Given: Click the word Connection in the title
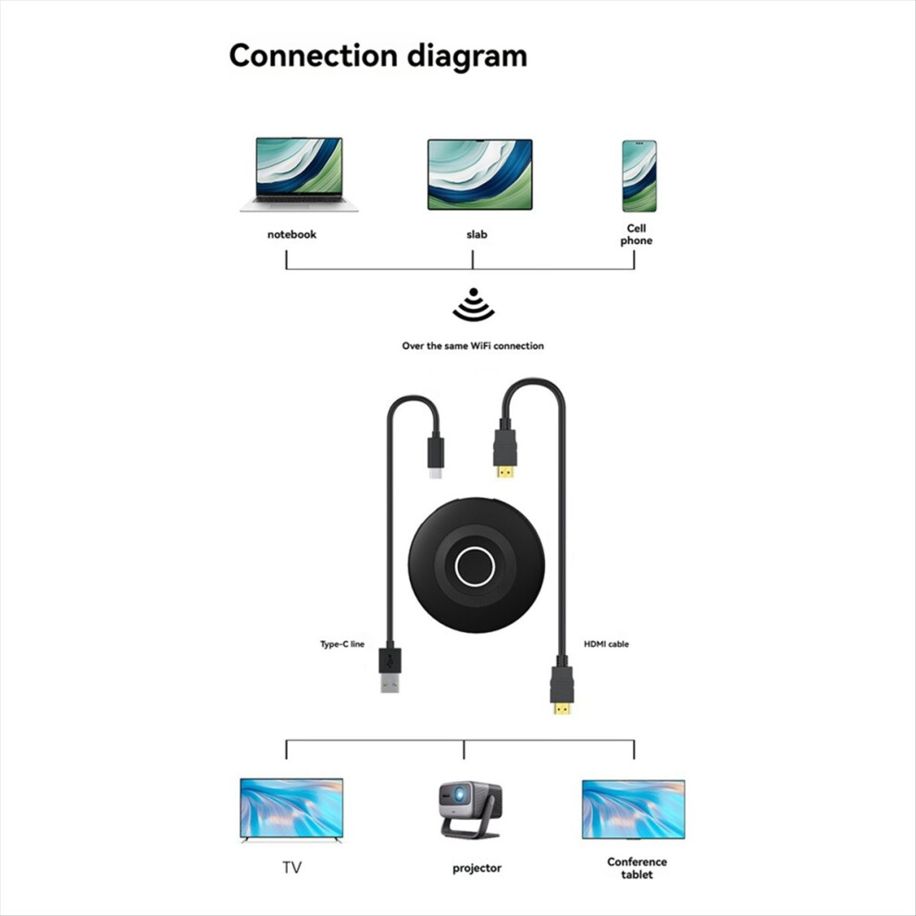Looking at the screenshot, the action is coord(314,56).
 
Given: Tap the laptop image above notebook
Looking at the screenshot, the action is coord(299,174).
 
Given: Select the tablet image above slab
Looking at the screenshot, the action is coord(479,174).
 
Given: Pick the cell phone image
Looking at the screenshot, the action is coord(639,176).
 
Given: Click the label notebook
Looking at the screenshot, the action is coord(291,234).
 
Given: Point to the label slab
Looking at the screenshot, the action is coord(477,234).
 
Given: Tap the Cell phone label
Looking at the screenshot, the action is coord(637,234).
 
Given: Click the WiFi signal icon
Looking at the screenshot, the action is coord(474,305).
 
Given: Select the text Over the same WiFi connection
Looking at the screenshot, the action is coord(473,346).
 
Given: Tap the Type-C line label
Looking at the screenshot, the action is coord(342,644).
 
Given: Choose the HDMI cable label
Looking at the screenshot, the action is coord(606,644).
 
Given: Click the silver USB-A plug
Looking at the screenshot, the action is coord(390,682).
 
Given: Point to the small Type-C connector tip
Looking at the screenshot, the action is coord(435,472).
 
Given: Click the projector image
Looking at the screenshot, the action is coord(470,810).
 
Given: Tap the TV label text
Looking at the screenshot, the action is coord(292,868).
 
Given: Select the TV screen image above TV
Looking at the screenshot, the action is coord(291,810).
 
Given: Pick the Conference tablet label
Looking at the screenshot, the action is coord(637,868).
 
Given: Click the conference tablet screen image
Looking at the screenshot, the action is coord(633,809).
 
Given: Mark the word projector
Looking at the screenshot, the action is coord(477,869).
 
